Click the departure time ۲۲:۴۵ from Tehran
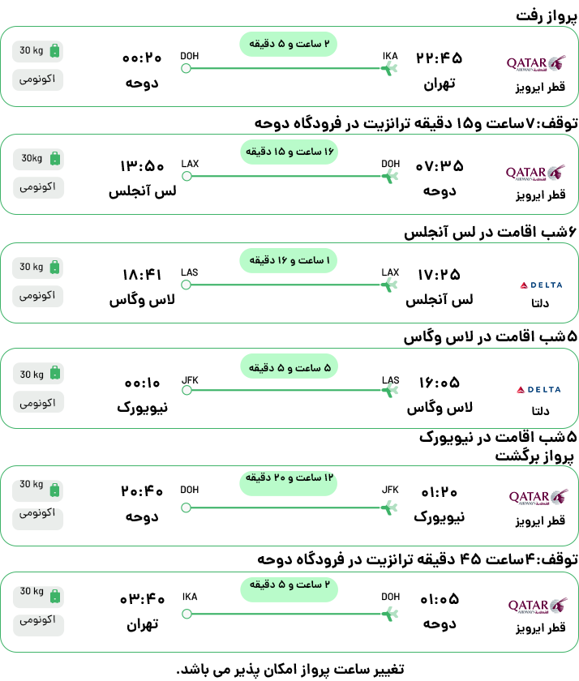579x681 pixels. click(440, 58)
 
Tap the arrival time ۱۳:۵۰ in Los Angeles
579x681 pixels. click(142, 166)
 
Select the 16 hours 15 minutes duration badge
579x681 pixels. click(289, 152)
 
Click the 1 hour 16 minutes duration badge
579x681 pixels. click(289, 260)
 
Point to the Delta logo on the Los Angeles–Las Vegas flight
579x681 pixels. click(541, 285)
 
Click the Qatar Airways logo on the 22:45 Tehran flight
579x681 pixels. click(536, 63)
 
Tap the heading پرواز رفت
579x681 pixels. click(547, 15)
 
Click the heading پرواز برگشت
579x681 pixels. click(534, 456)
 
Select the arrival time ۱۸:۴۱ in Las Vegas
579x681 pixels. click(142, 275)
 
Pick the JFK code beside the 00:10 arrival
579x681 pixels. click(190, 380)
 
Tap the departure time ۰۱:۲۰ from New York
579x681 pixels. click(440, 493)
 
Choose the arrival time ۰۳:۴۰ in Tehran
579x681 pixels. click(142, 599)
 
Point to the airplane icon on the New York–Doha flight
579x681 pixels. click(389, 508)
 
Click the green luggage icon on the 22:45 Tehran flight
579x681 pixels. click(54, 50)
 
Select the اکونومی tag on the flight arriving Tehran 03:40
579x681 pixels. click(38, 620)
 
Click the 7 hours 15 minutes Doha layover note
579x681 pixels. click(416, 123)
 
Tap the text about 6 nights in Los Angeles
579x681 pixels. click(490, 232)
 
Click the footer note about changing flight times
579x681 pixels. click(290, 670)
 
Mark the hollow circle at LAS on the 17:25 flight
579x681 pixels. click(187, 285)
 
